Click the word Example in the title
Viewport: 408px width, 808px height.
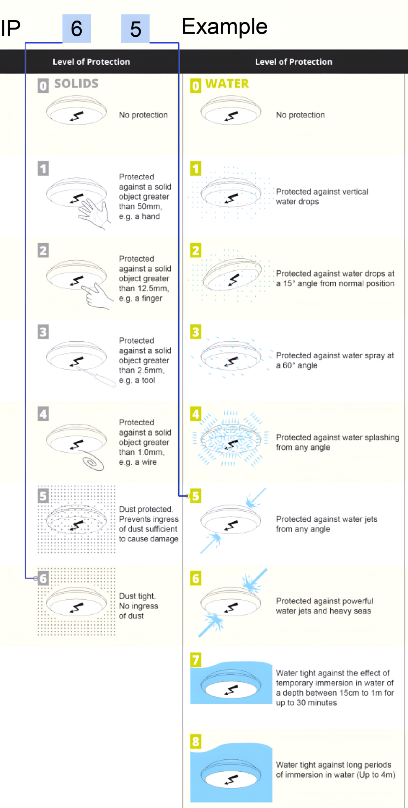224,27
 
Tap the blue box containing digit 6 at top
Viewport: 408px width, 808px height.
77,28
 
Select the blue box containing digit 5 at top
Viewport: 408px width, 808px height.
135,28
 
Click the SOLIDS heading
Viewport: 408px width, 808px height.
76,84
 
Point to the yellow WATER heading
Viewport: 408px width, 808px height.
227,84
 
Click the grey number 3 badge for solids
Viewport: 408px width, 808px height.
43,332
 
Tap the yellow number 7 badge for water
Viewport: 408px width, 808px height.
196,659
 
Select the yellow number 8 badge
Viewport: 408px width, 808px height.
196,741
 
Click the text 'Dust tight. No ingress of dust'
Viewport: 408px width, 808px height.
138,606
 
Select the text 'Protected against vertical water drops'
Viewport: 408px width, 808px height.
322,196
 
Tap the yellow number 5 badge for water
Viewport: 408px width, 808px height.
196,496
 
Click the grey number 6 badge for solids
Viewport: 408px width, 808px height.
43,578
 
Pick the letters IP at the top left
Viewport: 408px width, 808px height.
10,28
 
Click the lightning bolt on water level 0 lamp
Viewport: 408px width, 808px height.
232,116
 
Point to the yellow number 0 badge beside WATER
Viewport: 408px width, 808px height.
196,85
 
